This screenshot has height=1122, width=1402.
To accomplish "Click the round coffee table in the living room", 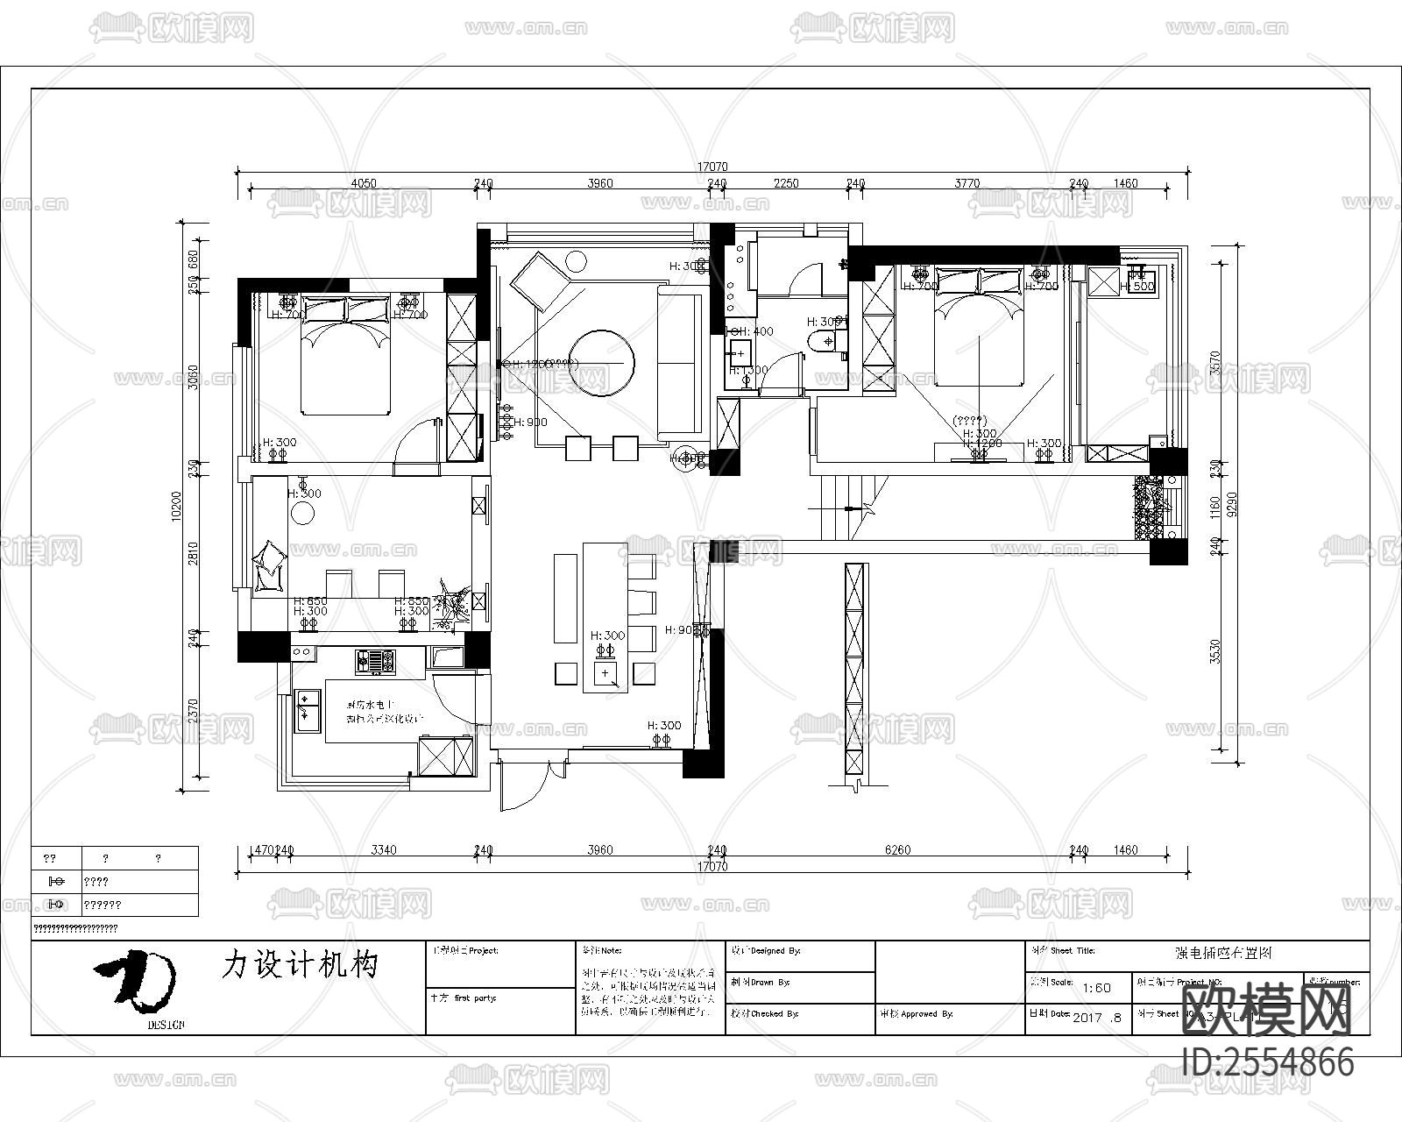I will [x=601, y=361].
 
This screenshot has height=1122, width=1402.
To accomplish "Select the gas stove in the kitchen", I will [x=376, y=661].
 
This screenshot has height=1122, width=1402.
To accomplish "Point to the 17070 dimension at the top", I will [x=712, y=167].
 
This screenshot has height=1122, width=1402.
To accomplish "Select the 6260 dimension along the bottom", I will [x=898, y=849].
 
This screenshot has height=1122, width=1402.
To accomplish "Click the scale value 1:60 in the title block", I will [x=1096, y=987].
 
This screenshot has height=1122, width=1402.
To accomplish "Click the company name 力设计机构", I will [x=300, y=965].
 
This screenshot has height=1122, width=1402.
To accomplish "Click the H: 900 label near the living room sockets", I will [x=530, y=423].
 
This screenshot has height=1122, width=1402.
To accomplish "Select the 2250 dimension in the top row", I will [x=786, y=183].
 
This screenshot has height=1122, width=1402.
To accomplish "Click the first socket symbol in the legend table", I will [x=56, y=881].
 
